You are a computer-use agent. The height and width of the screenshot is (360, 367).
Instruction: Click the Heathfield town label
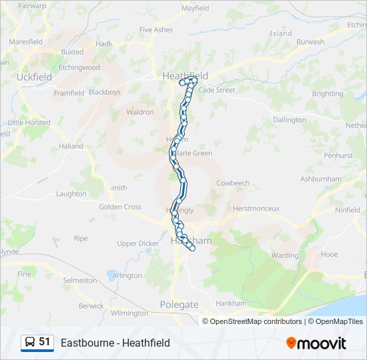coord(186,76)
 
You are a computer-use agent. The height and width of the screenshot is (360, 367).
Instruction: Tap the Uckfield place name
coord(34,77)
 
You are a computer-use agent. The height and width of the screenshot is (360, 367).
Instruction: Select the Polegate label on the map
coord(179,305)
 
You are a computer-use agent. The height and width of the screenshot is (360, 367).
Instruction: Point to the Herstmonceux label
coord(256,209)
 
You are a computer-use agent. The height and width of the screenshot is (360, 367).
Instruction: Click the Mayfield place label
coord(195,9)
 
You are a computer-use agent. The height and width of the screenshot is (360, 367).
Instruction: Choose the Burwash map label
coord(310,41)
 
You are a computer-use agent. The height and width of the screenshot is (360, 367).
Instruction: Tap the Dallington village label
coord(289,120)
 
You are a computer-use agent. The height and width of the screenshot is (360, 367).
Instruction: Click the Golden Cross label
coord(120,207)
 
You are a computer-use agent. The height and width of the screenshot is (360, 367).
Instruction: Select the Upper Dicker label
coord(138,243)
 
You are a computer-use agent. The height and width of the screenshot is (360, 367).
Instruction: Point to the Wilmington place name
coord(129,313)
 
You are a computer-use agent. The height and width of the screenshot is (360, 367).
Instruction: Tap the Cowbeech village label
coord(232,183)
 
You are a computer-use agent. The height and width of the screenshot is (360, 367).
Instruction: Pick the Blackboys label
coord(105,92)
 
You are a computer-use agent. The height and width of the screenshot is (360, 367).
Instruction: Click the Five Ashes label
coord(155,30)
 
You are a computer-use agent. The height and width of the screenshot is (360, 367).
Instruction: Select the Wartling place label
coord(285,255)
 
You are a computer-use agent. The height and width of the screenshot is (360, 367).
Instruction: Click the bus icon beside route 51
coord(30,343)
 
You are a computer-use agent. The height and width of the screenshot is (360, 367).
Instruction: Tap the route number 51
coord(45,342)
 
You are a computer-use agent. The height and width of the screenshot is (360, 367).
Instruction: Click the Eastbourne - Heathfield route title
coord(115,343)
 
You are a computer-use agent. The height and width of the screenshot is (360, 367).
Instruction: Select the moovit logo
coord(316,343)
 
